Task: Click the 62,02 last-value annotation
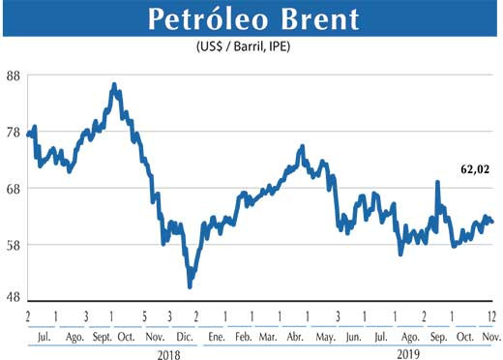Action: click(x=475, y=169)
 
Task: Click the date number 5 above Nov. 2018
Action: click(x=143, y=316)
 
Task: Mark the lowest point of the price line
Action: click(x=190, y=286)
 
